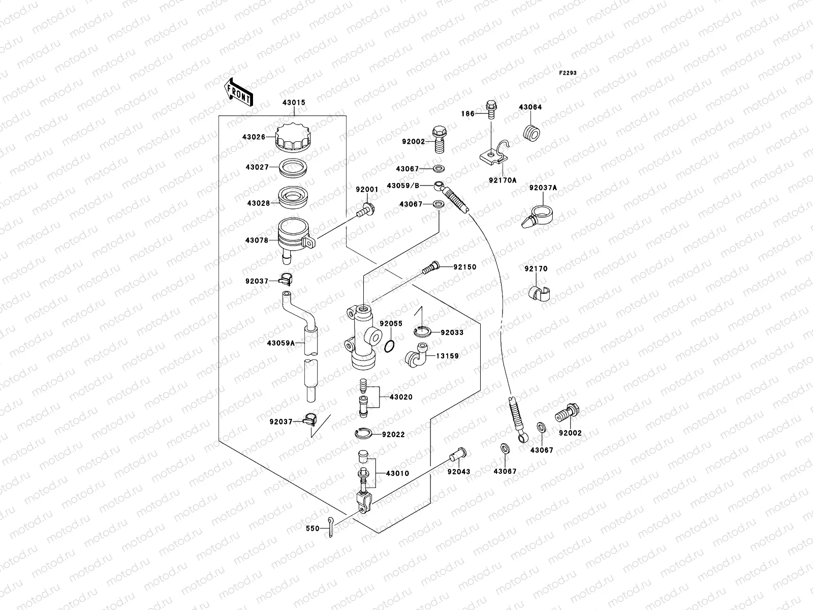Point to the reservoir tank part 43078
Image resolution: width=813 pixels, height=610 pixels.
(x=294, y=236)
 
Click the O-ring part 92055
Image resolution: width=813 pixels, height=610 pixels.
(x=389, y=346)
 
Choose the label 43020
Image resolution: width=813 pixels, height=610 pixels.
(x=401, y=397)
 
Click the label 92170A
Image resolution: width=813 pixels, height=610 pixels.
(x=504, y=180)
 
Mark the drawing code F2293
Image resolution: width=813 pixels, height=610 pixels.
(x=568, y=73)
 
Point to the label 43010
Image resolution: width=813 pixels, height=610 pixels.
(x=397, y=473)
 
